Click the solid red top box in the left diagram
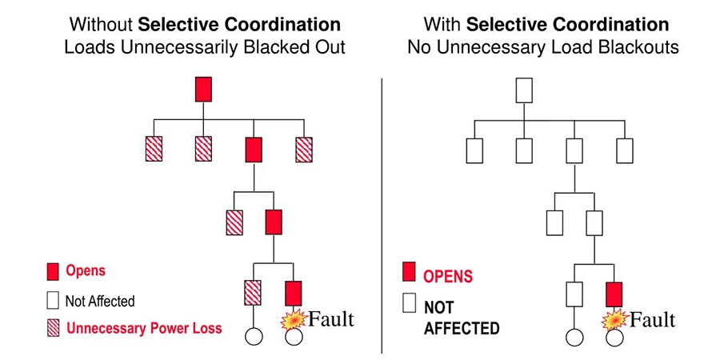click(204, 89)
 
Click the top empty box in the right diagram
click(524, 89)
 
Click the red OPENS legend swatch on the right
click(410, 275)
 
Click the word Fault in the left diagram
click(326, 319)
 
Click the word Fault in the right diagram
click(652, 320)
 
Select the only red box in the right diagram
click(614, 294)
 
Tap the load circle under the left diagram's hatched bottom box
click(254, 336)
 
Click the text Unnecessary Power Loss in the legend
click(145, 327)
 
